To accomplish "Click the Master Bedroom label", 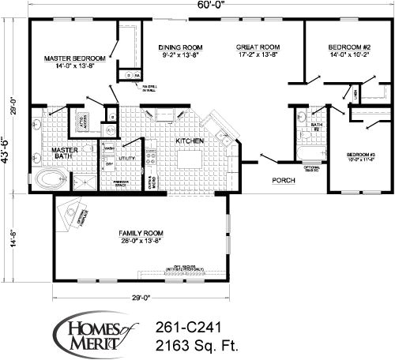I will pyautogui.click(x=75, y=58).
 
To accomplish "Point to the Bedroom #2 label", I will pyautogui.click(x=349, y=48).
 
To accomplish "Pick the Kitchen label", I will pyautogui.click(x=190, y=141).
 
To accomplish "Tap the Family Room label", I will pyautogui.click(x=140, y=234).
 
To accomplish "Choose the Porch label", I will pyautogui.click(x=284, y=180).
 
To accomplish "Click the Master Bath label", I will pyautogui.click(x=62, y=153).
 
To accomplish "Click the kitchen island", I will pyautogui.click(x=189, y=159).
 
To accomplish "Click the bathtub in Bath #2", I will pyautogui.click(x=311, y=150).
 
